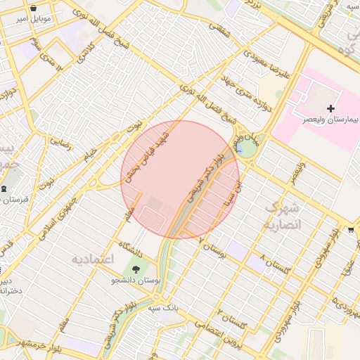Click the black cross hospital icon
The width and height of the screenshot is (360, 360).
[x=331, y=109]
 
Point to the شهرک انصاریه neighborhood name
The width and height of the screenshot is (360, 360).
[x=283, y=216]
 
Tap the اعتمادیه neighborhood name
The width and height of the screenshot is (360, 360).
[x=92, y=259]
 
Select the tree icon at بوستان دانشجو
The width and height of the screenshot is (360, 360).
[x=136, y=268]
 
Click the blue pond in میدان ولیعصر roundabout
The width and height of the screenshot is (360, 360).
[x=241, y=148]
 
